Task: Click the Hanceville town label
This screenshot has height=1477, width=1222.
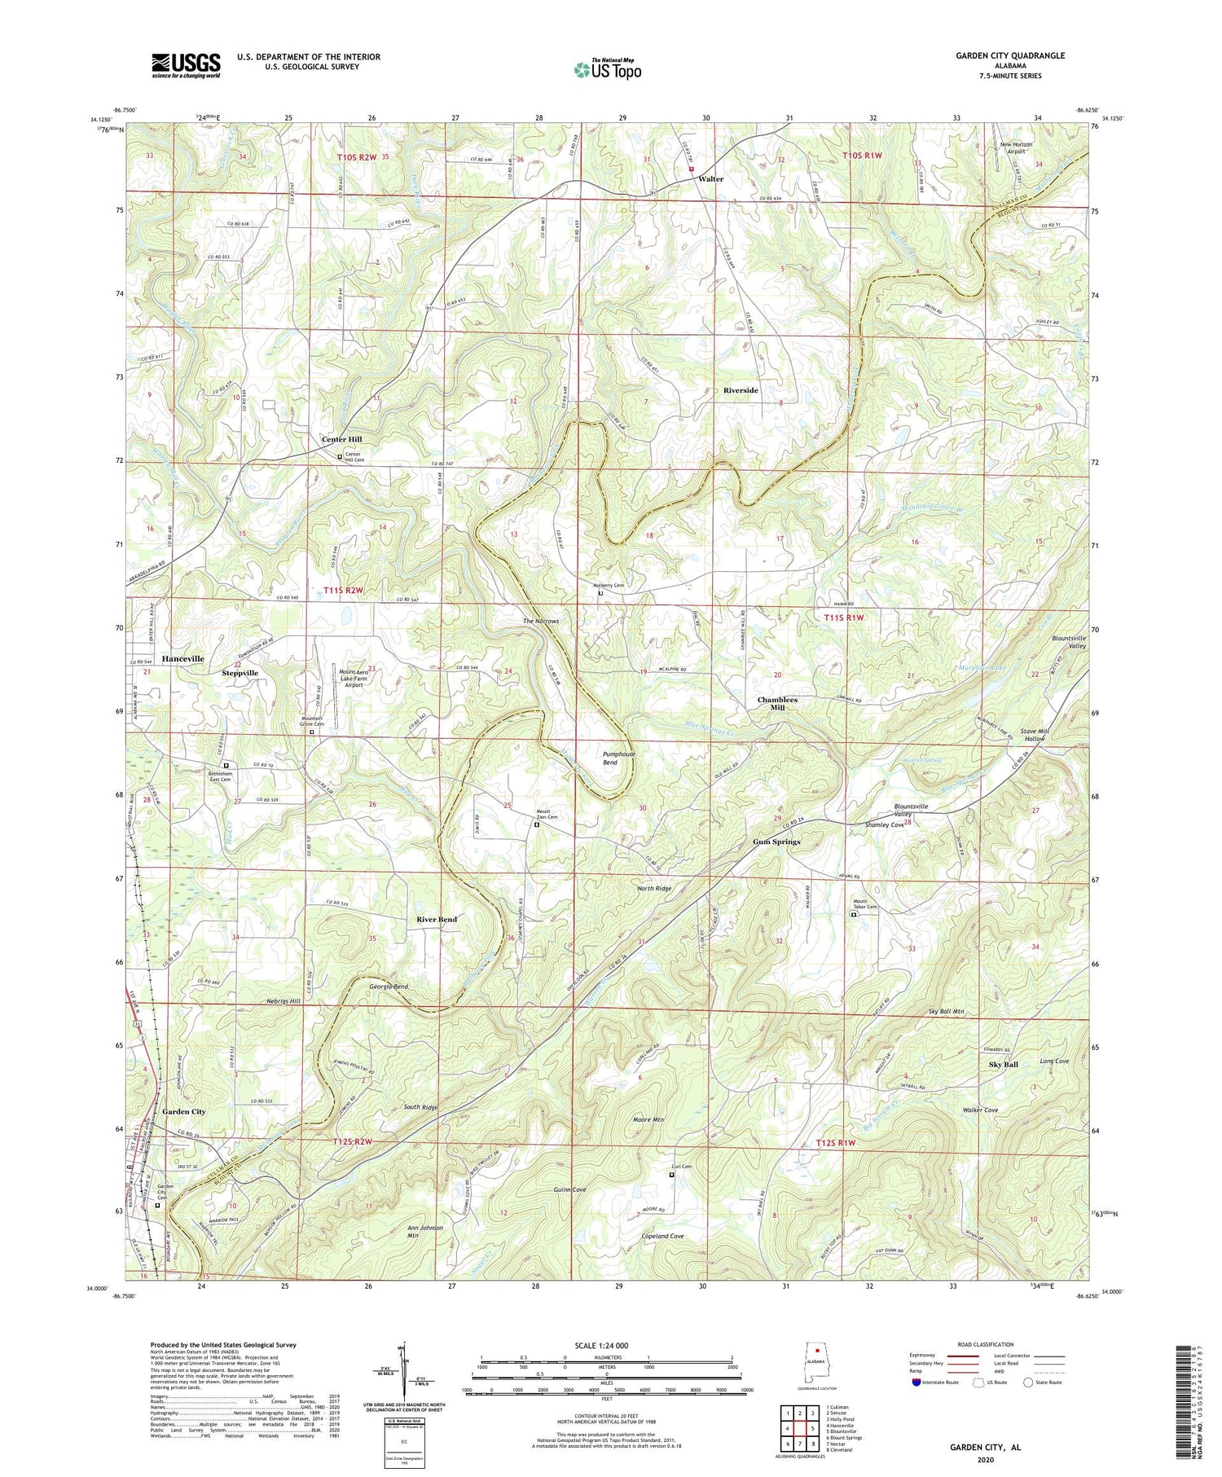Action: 182,658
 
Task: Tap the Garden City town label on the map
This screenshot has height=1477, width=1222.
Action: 183,1111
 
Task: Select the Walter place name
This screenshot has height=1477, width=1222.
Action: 710,178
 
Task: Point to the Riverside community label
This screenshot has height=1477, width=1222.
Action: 741,390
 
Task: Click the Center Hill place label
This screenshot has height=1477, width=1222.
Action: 341,439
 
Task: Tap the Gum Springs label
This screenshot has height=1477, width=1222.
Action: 776,842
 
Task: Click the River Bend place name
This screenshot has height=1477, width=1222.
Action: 437,919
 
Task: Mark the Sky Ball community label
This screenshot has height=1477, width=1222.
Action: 1003,1065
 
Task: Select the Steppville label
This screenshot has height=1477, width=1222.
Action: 240,673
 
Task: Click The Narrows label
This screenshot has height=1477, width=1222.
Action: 541,621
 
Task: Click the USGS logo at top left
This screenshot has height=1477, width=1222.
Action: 186,65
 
